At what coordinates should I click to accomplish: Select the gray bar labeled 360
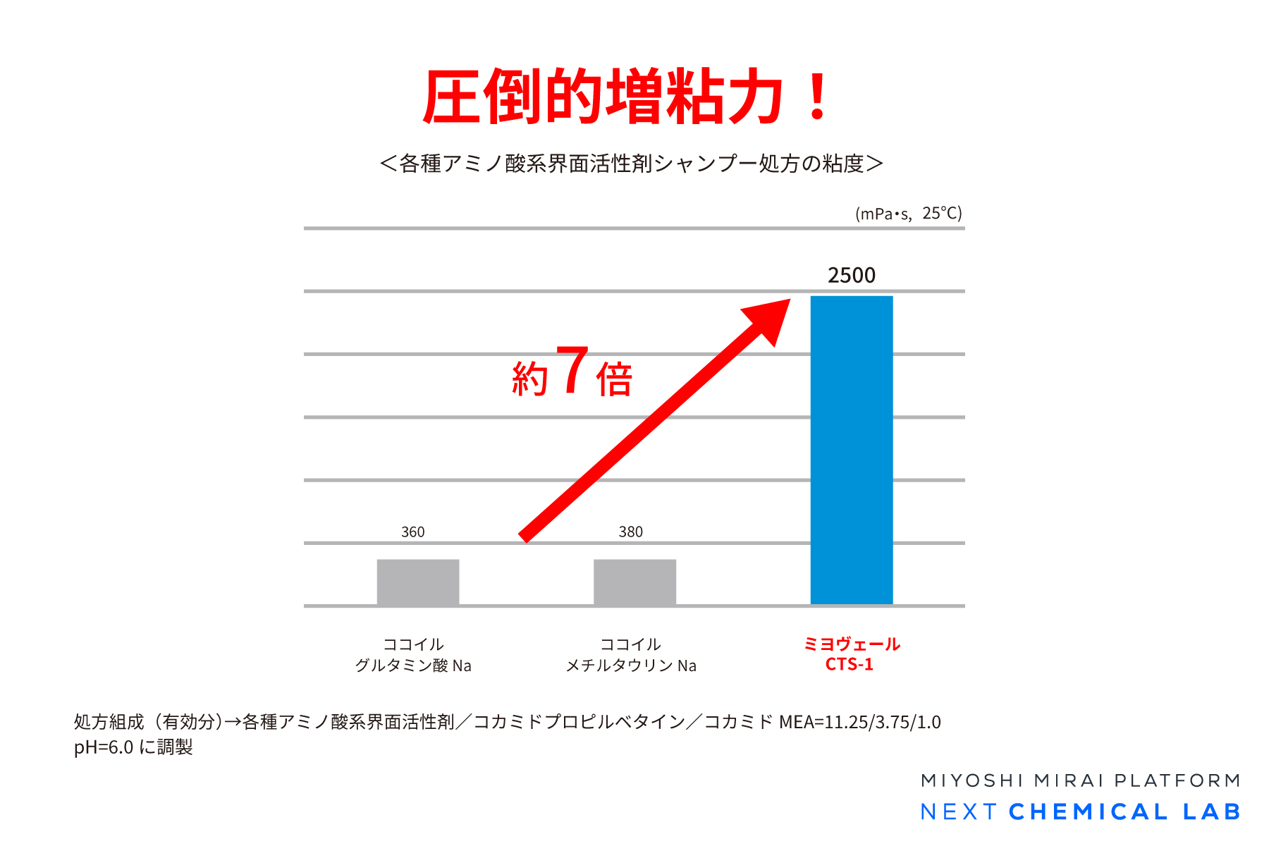pyautogui.click(x=418, y=582)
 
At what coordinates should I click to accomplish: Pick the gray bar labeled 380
pyautogui.click(x=634, y=582)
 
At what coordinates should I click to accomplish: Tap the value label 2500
pyautogui.click(x=852, y=275)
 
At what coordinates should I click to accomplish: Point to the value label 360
pyautogui.click(x=413, y=532)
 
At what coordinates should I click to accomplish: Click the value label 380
pyautogui.click(x=631, y=532)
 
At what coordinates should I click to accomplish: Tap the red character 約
pyautogui.click(x=530, y=379)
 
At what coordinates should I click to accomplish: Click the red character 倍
pyautogui.click(x=614, y=379)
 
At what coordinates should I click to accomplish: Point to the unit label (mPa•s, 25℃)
pyautogui.click(x=908, y=213)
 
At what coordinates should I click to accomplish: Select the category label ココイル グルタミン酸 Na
pyautogui.click(x=413, y=655)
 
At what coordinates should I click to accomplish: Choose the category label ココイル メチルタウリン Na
pyautogui.click(x=631, y=655)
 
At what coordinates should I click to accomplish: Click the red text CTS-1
pyautogui.click(x=850, y=665)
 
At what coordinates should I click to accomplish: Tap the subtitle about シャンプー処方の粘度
pyautogui.click(x=631, y=164)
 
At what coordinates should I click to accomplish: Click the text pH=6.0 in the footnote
pyautogui.click(x=104, y=747)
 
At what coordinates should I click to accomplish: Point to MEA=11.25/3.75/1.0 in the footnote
pyautogui.click(x=860, y=722)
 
